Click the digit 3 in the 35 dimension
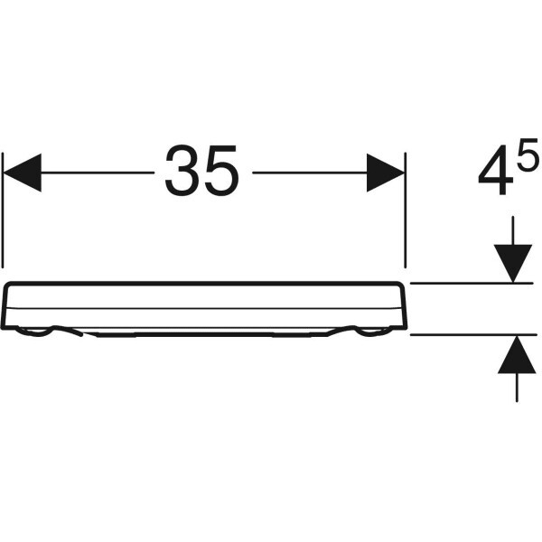182,171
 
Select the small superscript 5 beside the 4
528,154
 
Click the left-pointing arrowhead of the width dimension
22,173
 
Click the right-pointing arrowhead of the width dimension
386,173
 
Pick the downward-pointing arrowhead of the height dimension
513,264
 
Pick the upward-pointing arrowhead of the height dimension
517,354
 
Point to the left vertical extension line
3,210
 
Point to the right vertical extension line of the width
405,210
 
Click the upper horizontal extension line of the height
472,283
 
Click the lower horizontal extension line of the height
473,334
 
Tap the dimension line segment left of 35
98,173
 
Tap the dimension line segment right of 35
310,173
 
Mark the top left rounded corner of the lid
8,285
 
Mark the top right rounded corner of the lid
400,285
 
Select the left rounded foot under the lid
34,332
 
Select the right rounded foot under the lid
373,332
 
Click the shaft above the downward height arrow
513,230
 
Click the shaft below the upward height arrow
517,388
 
